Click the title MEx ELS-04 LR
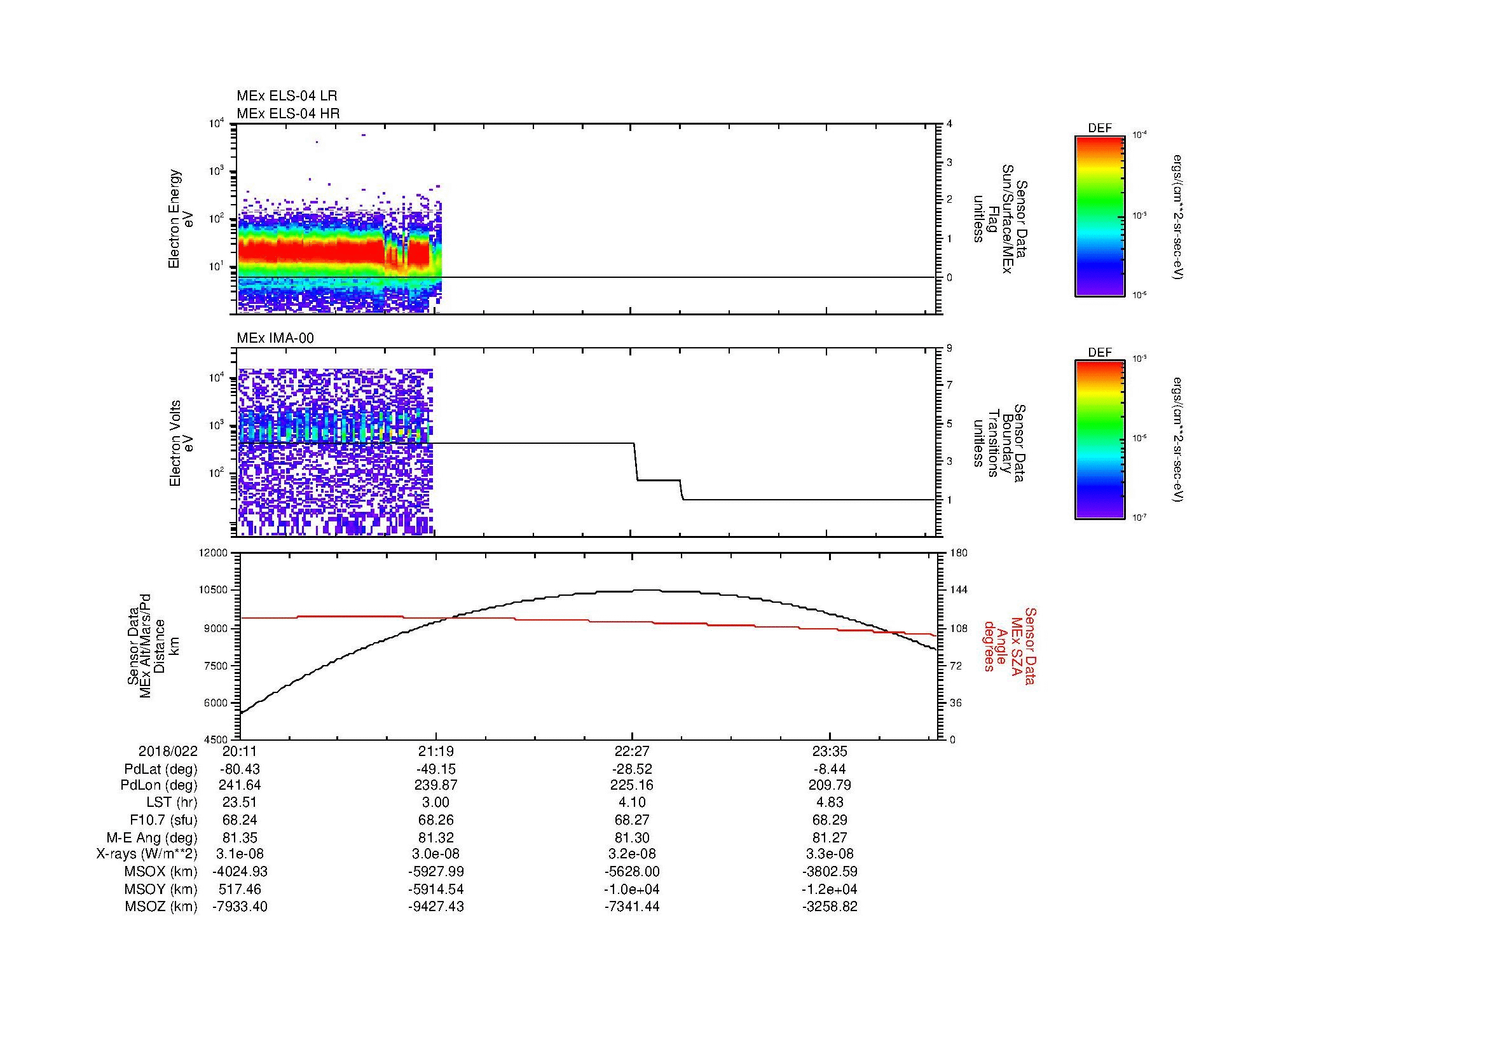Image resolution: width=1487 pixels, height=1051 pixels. [x=286, y=96]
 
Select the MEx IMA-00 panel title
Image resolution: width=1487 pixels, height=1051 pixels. [x=275, y=338]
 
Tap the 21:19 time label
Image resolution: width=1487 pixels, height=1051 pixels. [x=435, y=752]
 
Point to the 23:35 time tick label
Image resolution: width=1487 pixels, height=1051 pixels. [x=830, y=752]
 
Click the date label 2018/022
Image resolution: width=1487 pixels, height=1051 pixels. [x=168, y=752]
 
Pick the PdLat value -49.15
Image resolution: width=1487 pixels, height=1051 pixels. [x=435, y=769]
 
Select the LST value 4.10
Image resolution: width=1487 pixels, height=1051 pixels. [x=632, y=802]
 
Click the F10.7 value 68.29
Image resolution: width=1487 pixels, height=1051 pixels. [x=830, y=820]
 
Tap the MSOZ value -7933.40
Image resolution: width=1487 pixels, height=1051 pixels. [x=240, y=907]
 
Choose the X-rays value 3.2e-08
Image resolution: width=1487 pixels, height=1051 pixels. [x=632, y=854]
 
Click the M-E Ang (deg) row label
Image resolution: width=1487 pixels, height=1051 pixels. [x=151, y=837]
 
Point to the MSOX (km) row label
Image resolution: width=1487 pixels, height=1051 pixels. [x=161, y=872]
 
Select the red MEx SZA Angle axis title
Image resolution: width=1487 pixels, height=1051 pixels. [x=1009, y=645]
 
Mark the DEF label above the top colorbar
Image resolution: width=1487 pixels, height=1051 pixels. [x=1100, y=128]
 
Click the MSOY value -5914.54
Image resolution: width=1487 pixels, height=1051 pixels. [x=435, y=889]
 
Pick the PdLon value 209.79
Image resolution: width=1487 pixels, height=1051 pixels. [x=830, y=785]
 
